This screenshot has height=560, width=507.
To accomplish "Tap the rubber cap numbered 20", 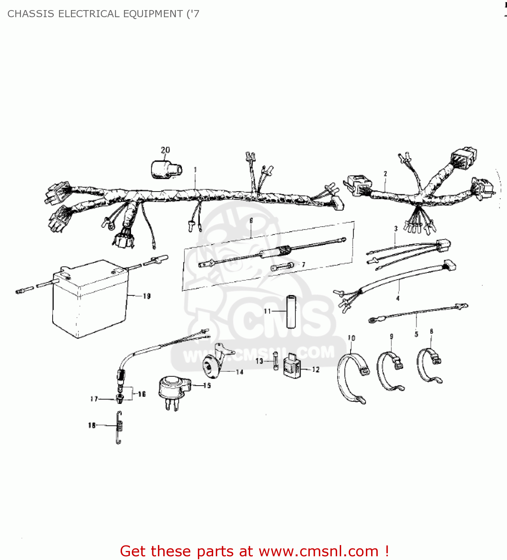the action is tap(166, 170).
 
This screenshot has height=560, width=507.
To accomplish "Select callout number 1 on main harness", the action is tap(195, 170).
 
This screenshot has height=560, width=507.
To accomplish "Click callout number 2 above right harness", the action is tap(385, 174).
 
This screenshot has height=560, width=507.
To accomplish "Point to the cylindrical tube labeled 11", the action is tap(291, 312).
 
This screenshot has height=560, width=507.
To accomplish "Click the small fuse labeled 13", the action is tap(276, 361).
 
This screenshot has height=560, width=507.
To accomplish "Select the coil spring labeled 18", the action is tap(119, 427).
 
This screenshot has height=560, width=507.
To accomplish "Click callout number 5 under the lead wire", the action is tap(416, 334).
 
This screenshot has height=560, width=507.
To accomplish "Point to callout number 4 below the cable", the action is tap(398, 298).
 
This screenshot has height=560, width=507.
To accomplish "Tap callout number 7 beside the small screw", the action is tap(304, 265).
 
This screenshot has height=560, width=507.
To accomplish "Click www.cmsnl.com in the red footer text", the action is tap(318, 551).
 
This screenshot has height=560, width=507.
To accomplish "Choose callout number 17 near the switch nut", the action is tap(94, 399).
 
